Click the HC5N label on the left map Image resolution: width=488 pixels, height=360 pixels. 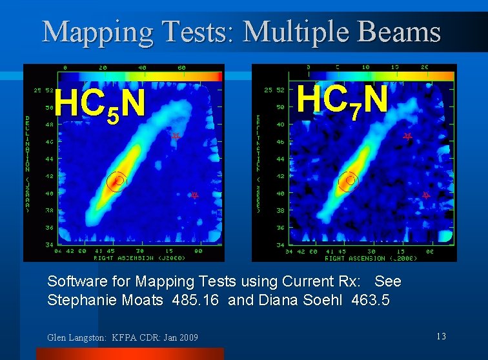pyautogui.click(x=99, y=105)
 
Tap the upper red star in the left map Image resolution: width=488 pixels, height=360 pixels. pyautogui.click(x=175, y=136)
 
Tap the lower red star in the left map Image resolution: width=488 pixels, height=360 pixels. pyautogui.click(x=194, y=195)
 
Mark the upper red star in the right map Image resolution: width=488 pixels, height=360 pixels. pyautogui.click(x=407, y=136)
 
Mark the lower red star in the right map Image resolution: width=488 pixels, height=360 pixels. pyautogui.click(x=426, y=194)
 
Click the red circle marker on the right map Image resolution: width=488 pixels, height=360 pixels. pyautogui.click(x=349, y=181)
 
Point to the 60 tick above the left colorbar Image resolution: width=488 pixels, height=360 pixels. pyautogui.click(x=181, y=67)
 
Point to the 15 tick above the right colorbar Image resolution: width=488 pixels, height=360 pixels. pyautogui.click(x=395, y=67)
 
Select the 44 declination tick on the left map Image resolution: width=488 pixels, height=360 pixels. pyautogui.click(x=49, y=159)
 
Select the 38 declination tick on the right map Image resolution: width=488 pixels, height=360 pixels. pyautogui.click(x=280, y=211)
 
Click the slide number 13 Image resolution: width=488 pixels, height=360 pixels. pyautogui.click(x=441, y=336)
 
